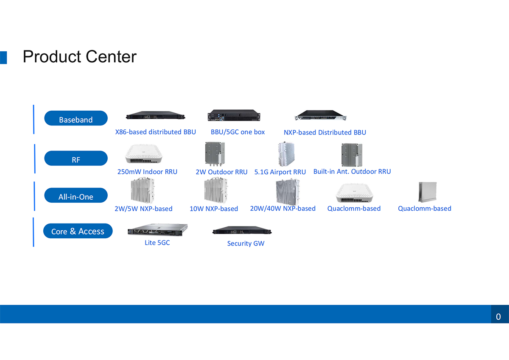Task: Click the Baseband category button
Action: (x=76, y=118)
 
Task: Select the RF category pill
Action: (x=76, y=158)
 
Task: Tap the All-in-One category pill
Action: (x=76, y=195)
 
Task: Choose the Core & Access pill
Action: (x=78, y=231)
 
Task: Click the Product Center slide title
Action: (x=80, y=56)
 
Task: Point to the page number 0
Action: (x=498, y=317)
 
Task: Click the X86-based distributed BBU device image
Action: (x=156, y=115)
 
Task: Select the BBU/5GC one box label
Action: (x=238, y=132)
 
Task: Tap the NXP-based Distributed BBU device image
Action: (x=320, y=115)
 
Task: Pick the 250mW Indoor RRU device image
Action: (x=144, y=154)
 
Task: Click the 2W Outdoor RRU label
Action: (x=221, y=172)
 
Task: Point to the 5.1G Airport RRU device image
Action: (x=286, y=154)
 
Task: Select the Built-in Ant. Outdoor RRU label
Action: (x=352, y=171)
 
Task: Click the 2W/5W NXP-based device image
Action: (x=143, y=190)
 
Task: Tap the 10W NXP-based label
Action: (x=214, y=209)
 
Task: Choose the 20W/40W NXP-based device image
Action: (x=288, y=192)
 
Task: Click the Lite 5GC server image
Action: (x=158, y=230)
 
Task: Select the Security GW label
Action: (x=246, y=243)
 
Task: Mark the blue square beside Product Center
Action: (x=3, y=58)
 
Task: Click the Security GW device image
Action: (x=242, y=230)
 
